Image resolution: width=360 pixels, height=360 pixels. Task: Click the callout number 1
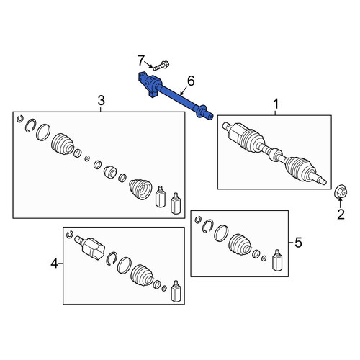[276, 104]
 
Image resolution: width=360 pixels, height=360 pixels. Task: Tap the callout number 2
[341, 215]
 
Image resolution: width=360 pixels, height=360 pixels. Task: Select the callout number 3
[102, 101]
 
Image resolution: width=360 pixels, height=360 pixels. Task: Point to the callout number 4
[55, 264]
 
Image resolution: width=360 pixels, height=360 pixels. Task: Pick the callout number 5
[298, 243]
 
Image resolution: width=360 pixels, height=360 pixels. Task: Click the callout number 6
[191, 81]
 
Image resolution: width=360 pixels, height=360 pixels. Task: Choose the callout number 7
[141, 60]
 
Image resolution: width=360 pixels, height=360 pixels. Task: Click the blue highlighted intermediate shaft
[174, 95]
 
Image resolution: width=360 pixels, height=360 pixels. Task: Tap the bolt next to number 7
[161, 66]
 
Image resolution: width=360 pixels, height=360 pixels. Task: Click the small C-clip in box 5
[198, 219]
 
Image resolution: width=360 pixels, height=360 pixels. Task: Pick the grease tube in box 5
[277, 260]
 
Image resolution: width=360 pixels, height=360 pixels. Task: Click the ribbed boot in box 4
[142, 276]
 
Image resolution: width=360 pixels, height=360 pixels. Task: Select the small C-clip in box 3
[19, 119]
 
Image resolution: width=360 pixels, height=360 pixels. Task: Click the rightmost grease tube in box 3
[176, 203]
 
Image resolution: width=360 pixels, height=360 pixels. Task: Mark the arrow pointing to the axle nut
[341, 202]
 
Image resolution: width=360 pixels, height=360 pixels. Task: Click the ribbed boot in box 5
[240, 244]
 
